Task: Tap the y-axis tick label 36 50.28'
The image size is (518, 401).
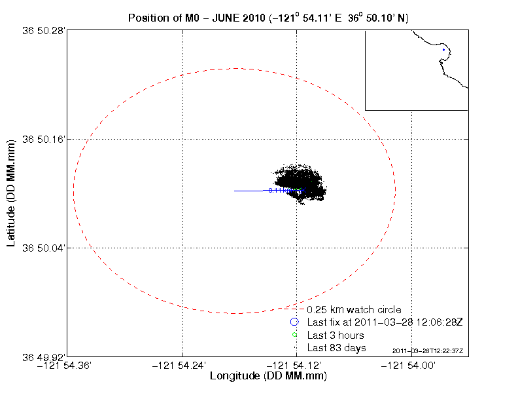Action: coord(44,30)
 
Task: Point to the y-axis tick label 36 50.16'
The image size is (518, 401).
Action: coord(44,139)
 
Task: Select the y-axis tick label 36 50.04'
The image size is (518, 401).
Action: coord(44,248)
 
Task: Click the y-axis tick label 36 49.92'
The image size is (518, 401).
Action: coord(44,357)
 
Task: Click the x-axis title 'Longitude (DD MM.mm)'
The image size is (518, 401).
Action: coord(268,377)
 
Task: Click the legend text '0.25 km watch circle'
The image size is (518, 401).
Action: coord(354,309)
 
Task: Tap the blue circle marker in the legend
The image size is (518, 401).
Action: coord(294,322)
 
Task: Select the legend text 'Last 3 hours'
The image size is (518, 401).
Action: coord(336,335)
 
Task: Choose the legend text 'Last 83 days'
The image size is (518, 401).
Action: coord(337,347)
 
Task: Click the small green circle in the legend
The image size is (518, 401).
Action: coord(294,335)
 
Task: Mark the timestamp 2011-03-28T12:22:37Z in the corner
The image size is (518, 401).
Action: coord(428,351)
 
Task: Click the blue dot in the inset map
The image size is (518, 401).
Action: coord(443,50)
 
